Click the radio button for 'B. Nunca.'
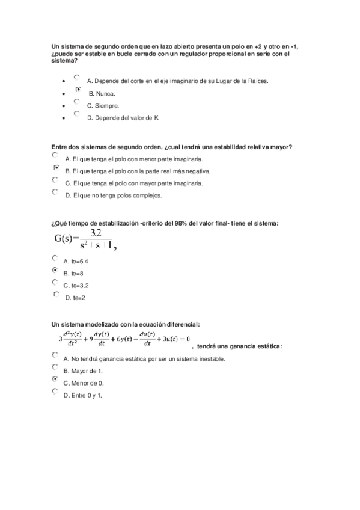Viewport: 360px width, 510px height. coord(78,89)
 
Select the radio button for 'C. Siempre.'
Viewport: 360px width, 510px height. coord(77,102)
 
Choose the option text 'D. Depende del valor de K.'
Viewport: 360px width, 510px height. coord(123,118)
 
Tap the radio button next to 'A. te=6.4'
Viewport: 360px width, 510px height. coord(55,257)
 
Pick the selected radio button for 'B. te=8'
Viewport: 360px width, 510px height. coord(55,270)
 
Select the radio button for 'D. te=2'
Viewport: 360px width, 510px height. coord(56,295)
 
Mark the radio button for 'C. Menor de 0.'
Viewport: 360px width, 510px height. coord(55,379)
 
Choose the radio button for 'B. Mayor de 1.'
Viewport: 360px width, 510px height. coord(55,367)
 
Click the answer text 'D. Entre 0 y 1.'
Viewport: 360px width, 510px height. coord(82,395)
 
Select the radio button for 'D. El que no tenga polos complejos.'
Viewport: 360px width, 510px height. coord(55,192)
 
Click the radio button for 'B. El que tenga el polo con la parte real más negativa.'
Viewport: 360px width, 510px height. coord(55,168)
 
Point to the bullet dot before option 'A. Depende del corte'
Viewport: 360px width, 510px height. coord(64,81)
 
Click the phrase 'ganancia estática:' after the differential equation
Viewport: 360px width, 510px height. coord(256,346)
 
